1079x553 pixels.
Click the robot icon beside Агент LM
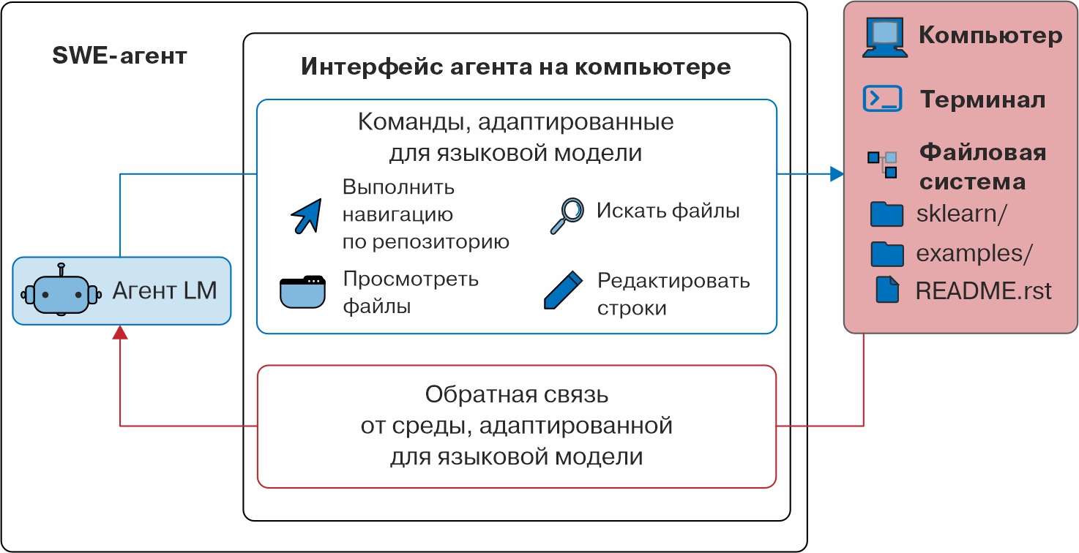click(61, 291)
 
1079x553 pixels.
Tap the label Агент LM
click(165, 291)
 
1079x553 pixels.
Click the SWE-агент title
click(120, 56)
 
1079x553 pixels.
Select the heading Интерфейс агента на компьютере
click(516, 67)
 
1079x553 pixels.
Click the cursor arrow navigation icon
click(306, 215)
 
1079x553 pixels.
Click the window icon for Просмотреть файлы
click(302, 292)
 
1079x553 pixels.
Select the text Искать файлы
click(668, 211)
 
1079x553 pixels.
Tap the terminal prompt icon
click(882, 99)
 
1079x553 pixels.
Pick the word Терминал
click(982, 99)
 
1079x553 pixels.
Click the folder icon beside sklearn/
click(887, 214)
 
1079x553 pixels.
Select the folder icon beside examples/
click(887, 253)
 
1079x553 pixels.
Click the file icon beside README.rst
click(887, 290)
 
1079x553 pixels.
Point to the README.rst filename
click(983, 291)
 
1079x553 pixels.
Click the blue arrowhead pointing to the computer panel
click(837, 174)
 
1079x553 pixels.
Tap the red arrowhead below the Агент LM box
click(120, 333)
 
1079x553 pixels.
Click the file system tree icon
click(882, 165)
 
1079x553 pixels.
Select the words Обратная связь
click(517, 396)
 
